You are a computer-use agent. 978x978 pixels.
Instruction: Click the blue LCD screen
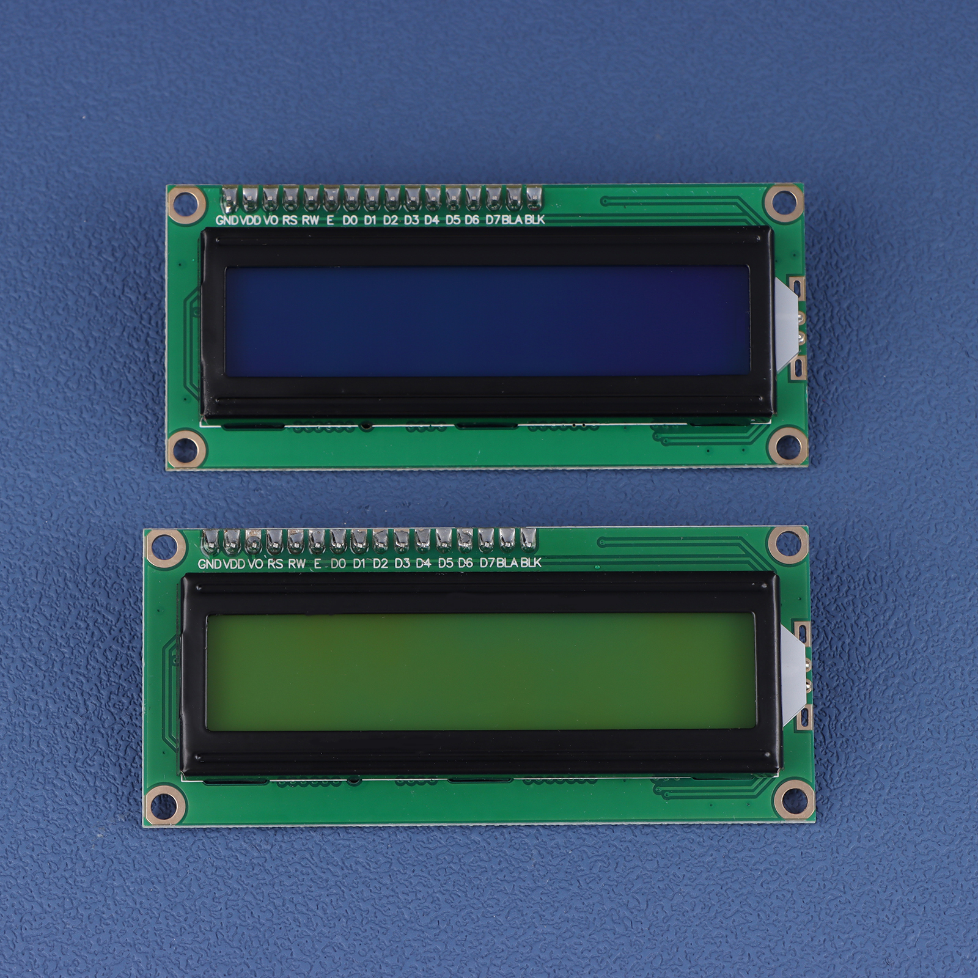click(x=487, y=321)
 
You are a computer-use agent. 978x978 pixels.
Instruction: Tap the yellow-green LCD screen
click(x=481, y=671)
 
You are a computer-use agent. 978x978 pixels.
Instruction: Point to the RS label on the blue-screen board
click(x=290, y=219)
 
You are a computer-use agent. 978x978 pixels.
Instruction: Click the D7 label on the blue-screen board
click(x=493, y=219)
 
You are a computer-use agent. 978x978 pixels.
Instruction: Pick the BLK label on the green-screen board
click(x=531, y=562)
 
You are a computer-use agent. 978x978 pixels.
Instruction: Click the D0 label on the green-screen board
click(x=338, y=563)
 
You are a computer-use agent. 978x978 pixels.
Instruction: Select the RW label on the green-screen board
click(x=296, y=563)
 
